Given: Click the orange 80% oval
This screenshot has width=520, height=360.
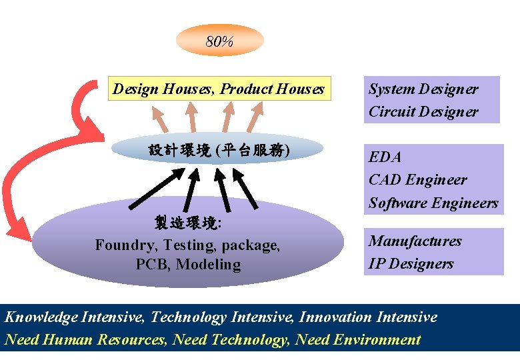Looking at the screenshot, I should (219, 41).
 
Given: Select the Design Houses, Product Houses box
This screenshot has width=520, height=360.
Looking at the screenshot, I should (219, 89).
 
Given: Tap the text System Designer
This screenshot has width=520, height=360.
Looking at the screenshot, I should (423, 89).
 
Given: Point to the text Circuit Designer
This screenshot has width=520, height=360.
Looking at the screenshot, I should (423, 111).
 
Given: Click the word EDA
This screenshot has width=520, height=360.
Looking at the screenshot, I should (385, 157).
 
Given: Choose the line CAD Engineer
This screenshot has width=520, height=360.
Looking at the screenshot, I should (417, 180).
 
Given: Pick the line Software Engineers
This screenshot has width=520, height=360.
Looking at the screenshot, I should (433, 203).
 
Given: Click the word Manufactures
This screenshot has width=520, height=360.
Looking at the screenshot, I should (415, 241).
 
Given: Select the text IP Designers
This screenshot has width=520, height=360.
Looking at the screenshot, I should (411, 263).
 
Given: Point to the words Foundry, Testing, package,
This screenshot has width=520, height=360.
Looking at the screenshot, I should (187, 245).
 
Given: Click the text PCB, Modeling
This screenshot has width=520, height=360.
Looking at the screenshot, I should (187, 264).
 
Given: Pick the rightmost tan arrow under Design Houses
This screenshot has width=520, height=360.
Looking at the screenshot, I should (256, 118).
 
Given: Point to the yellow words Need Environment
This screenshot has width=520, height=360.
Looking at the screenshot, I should (358, 340).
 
